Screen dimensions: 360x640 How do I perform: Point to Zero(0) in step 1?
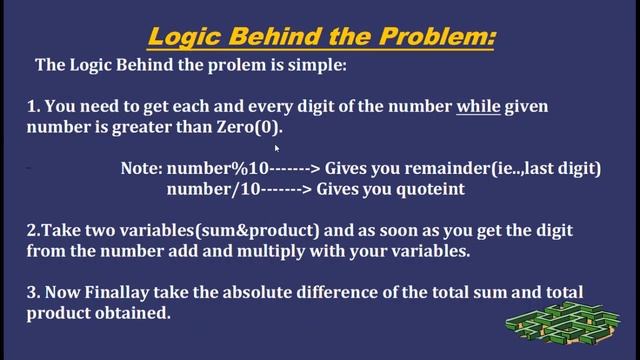pyautogui.click(x=246, y=128)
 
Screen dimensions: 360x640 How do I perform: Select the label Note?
pyautogui.click(x=141, y=169)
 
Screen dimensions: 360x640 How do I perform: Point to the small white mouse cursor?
pyautogui.click(x=276, y=149)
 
